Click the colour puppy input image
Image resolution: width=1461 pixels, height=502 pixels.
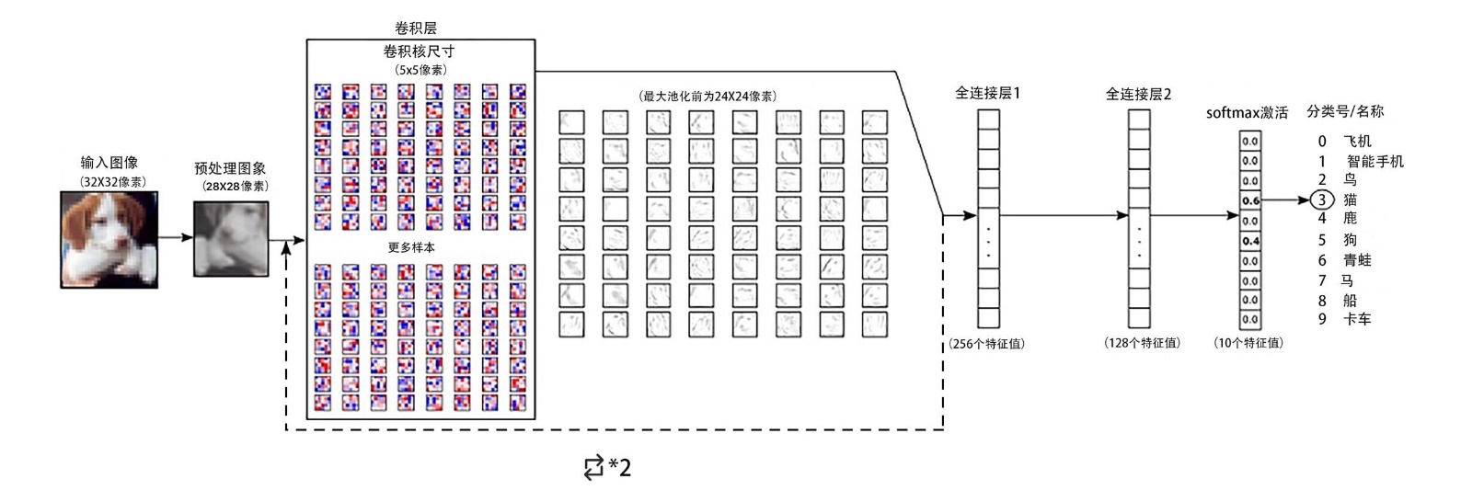[x=109, y=239]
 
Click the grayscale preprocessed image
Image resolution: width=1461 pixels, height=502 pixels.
[x=231, y=239]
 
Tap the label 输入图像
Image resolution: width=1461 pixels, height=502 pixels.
[x=109, y=163]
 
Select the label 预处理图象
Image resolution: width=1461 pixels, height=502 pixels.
[x=230, y=168]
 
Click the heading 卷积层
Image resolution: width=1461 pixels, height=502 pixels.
[x=416, y=29]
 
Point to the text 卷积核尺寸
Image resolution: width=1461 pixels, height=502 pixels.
[x=419, y=51]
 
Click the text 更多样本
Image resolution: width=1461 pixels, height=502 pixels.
[x=411, y=247]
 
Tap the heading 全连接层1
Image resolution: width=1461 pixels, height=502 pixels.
[x=987, y=93]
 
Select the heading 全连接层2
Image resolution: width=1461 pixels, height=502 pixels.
[x=1138, y=94]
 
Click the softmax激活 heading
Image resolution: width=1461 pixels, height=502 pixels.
[x=1247, y=113]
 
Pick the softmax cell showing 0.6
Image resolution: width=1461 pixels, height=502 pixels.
[x=1250, y=200]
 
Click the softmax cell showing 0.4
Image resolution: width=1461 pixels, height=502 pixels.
[x=1250, y=241]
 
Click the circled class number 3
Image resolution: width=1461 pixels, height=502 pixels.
[x=1322, y=200]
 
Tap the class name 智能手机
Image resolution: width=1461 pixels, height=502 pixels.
[x=1375, y=162]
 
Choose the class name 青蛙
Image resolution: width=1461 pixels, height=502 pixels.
[x=1357, y=260]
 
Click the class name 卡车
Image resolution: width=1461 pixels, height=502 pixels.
[x=1357, y=319]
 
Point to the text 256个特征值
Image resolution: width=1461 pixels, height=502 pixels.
[x=987, y=344]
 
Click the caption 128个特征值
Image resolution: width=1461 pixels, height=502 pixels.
[x=1142, y=343]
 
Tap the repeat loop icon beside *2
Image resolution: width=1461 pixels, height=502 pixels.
[x=593, y=468]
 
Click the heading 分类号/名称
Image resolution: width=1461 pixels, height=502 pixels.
[x=1344, y=111]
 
